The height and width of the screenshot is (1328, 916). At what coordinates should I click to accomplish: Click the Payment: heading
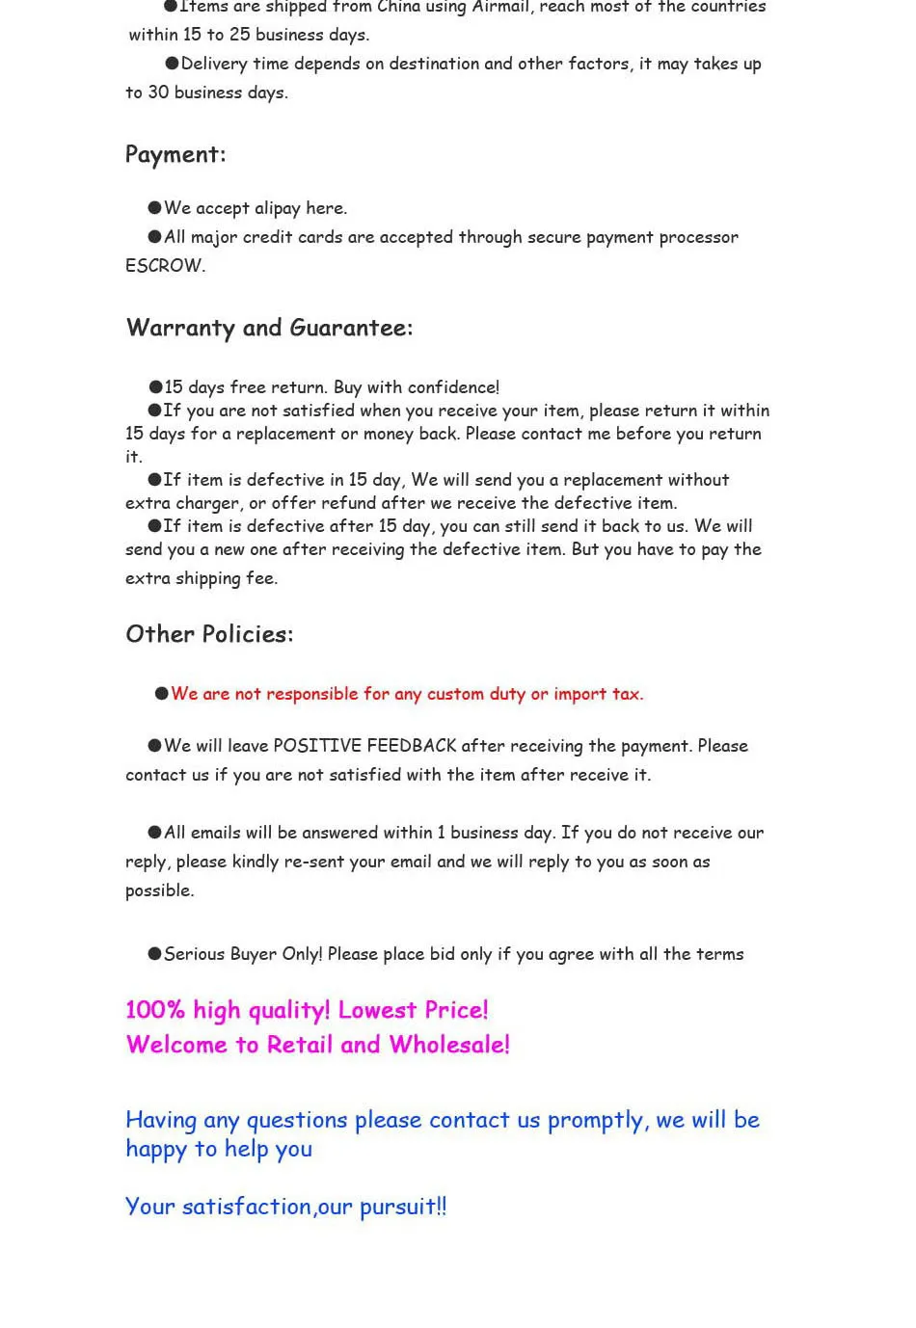click(x=175, y=155)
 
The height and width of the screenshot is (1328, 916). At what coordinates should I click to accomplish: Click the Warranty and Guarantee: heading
click(x=269, y=329)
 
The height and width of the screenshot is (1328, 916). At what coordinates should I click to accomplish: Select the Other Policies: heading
click(x=209, y=634)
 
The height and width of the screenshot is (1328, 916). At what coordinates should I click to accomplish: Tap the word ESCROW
click(x=164, y=266)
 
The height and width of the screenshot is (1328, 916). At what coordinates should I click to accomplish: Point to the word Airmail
click(x=500, y=8)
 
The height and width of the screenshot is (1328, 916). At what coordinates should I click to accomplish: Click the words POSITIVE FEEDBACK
click(x=364, y=746)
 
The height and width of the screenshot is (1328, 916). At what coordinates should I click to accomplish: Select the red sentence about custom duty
click(x=407, y=694)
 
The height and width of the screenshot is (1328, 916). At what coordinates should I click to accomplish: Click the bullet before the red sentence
click(x=161, y=694)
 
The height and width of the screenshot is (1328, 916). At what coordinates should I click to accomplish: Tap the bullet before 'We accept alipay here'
click(x=154, y=208)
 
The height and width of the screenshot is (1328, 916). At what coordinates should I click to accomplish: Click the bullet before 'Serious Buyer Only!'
click(x=154, y=954)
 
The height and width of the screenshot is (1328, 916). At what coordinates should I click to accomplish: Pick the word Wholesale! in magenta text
click(x=449, y=1046)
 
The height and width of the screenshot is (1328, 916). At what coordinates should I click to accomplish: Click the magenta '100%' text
click(x=155, y=1010)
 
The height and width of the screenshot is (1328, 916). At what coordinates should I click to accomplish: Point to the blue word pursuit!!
click(x=403, y=1208)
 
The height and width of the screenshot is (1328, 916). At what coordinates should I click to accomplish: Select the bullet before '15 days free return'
click(x=154, y=387)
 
